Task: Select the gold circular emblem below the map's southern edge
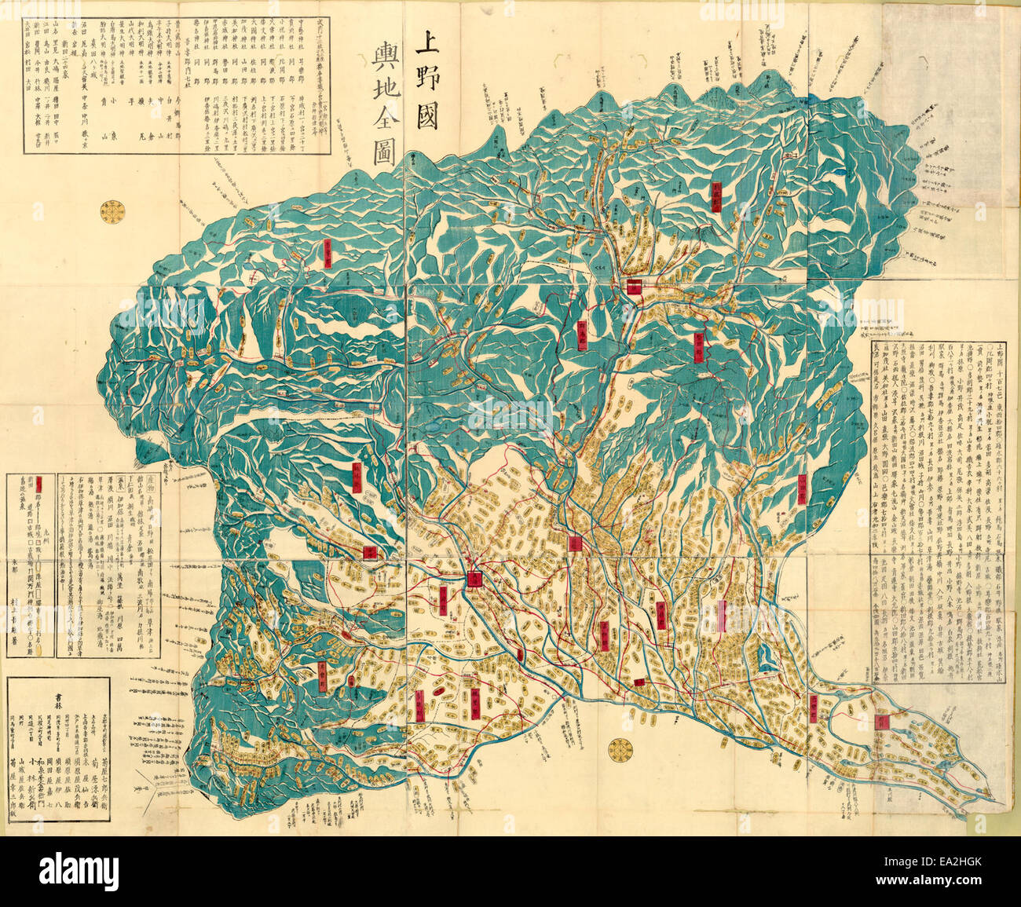point(618,748)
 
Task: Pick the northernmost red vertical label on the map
point(717,196)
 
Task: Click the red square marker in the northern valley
point(635,286)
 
